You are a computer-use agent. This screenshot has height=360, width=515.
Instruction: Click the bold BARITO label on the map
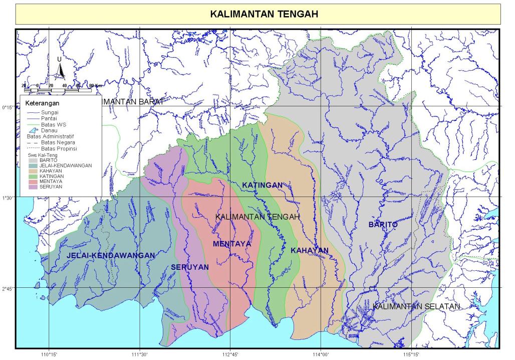(x=383, y=225)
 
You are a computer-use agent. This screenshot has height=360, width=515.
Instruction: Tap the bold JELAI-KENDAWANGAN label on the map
(x=111, y=255)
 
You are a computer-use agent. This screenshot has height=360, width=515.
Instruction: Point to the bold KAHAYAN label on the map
(x=309, y=250)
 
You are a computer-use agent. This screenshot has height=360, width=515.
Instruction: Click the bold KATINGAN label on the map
(x=263, y=186)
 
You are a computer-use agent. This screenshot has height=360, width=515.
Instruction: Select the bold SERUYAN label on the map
(x=189, y=267)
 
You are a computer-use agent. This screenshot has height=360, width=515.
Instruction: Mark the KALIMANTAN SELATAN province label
(x=416, y=306)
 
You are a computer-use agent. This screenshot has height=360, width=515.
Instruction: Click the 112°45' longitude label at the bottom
(x=230, y=355)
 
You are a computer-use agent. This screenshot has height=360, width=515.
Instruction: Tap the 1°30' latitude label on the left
(x=8, y=198)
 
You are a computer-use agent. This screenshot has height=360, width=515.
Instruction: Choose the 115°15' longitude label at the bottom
(x=411, y=355)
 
